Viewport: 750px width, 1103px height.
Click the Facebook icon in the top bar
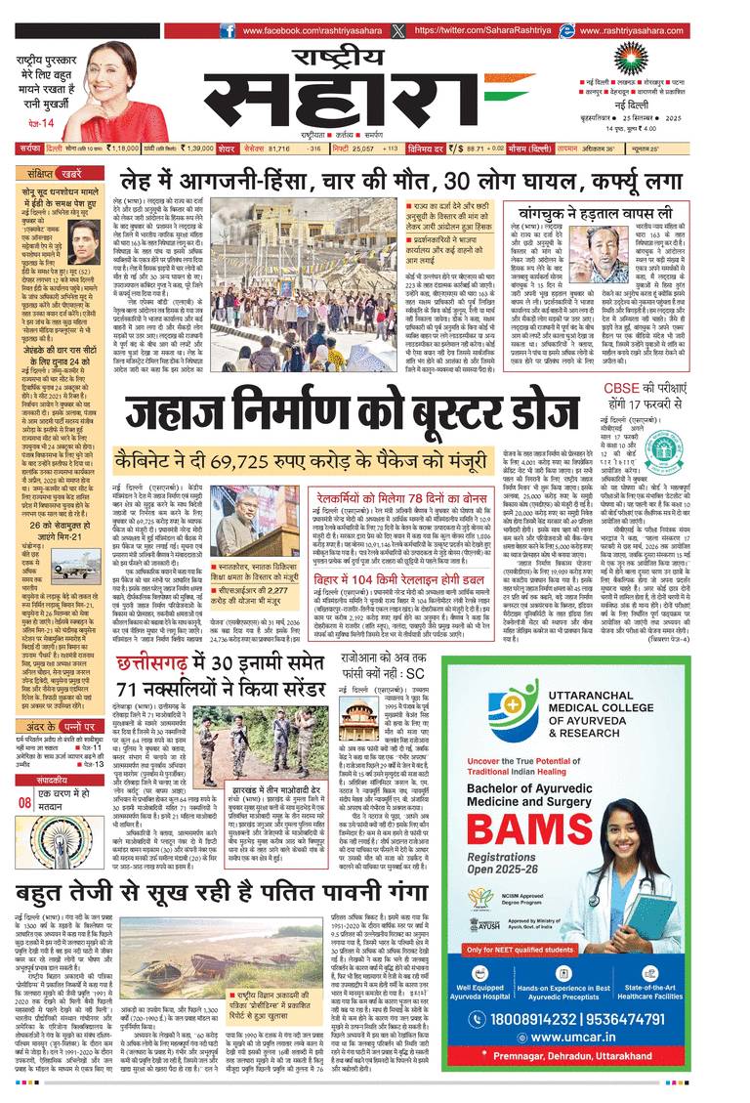229,31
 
